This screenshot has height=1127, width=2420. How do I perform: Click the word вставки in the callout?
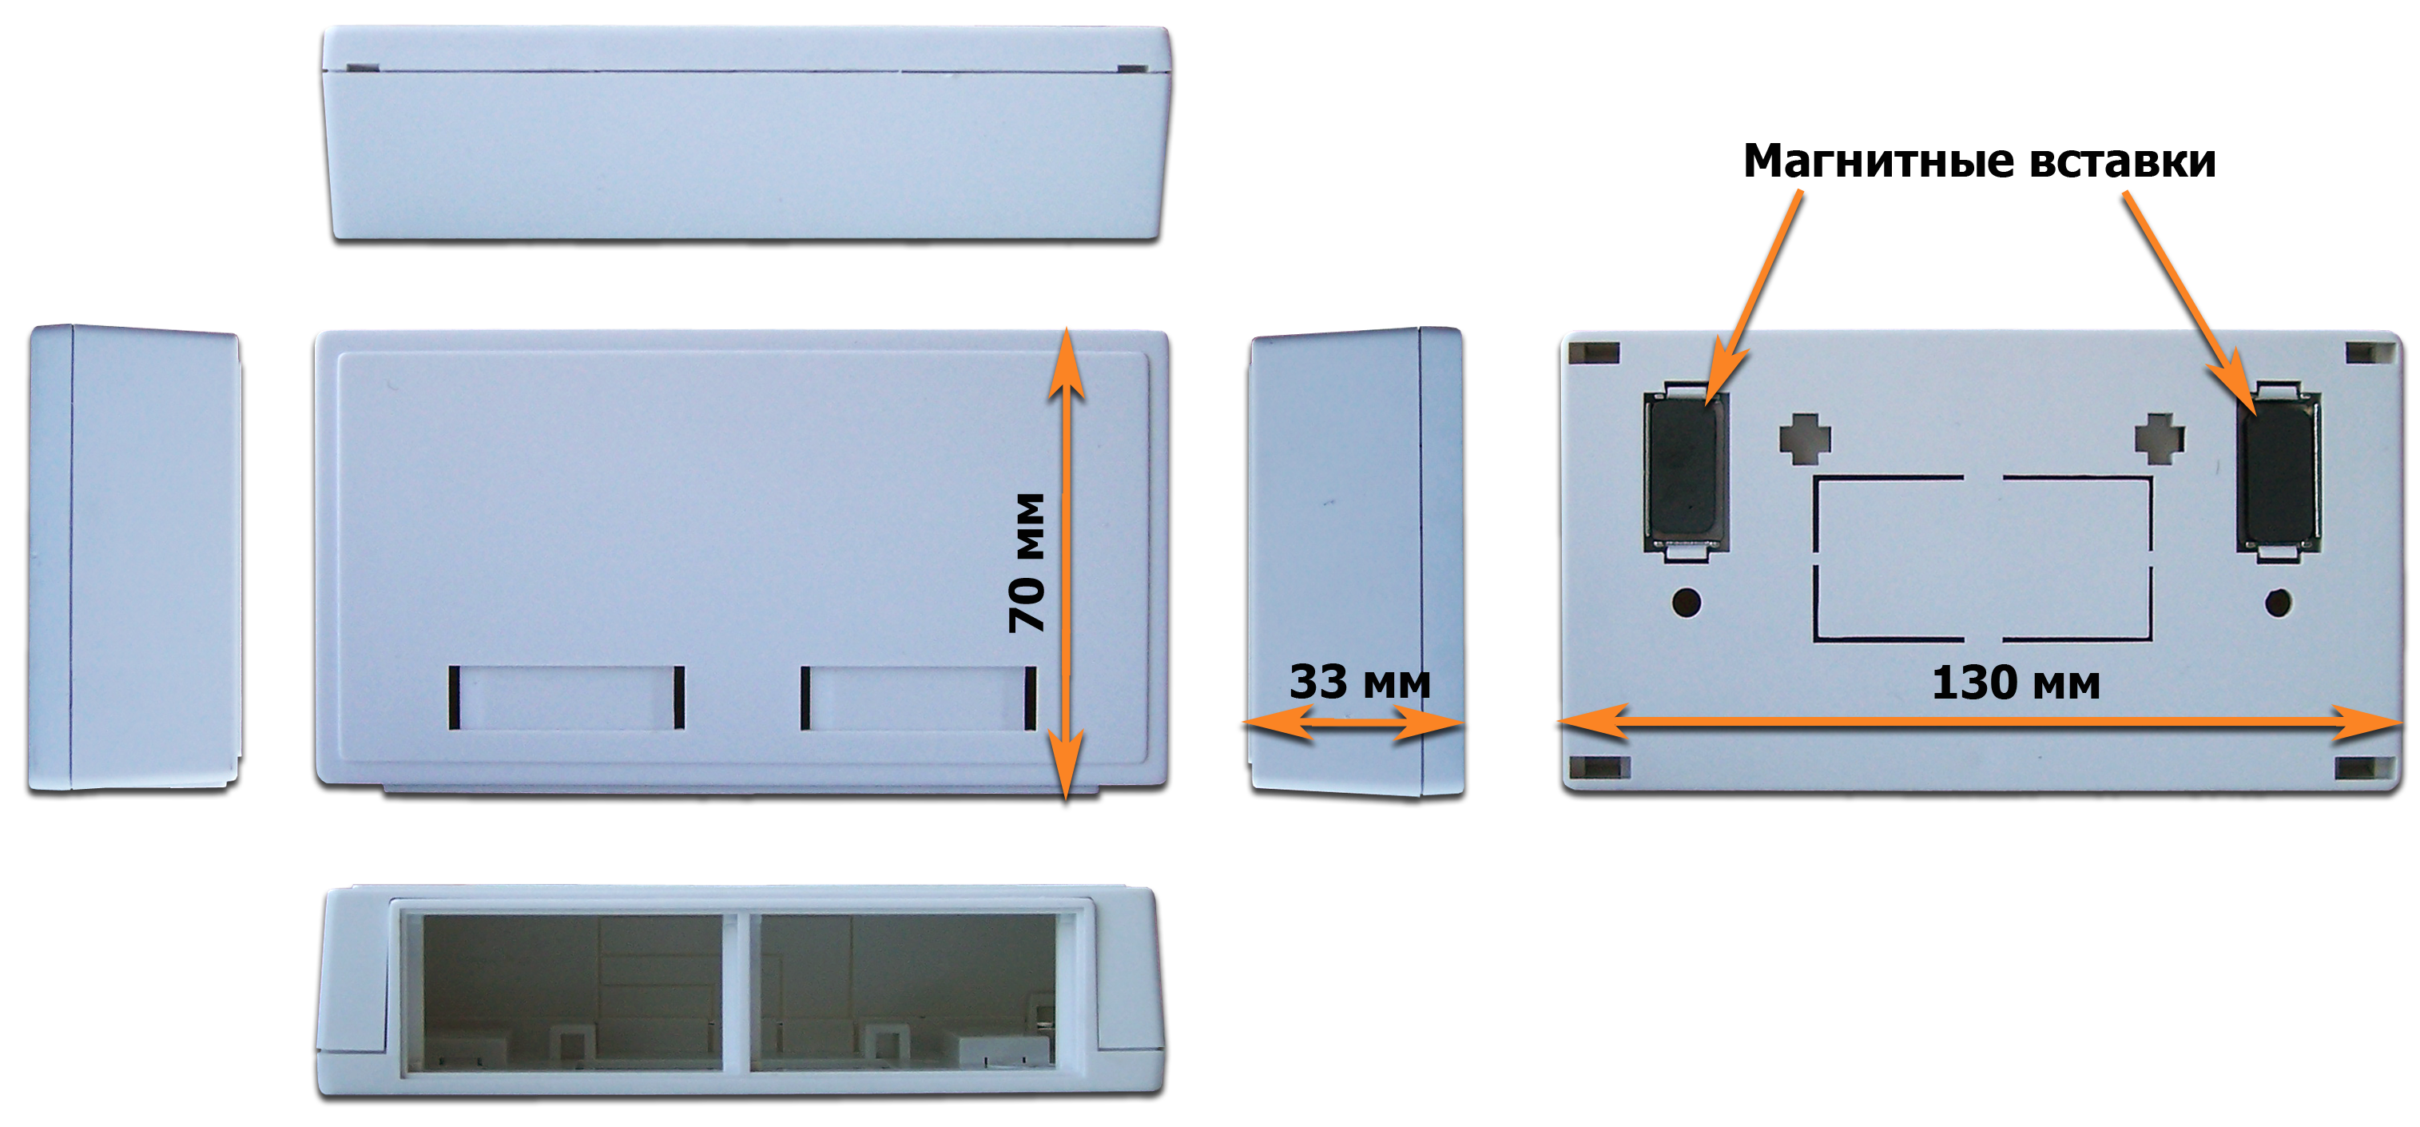pos(2123,161)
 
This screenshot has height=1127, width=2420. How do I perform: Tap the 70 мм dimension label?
pos(1027,562)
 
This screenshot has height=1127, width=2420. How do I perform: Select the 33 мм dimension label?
pos(1359,682)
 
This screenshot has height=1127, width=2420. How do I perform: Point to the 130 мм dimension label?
pos(2016,683)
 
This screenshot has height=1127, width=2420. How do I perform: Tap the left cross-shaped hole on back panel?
pos(1805,439)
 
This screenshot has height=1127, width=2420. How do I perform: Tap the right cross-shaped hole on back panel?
pos(2159,439)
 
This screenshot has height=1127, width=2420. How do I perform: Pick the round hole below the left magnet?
pos(1687,603)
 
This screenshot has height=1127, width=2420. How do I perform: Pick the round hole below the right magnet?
pos(2278,603)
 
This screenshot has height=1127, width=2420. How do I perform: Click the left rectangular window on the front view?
pos(566,698)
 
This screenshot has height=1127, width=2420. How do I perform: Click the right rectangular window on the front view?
pos(918,698)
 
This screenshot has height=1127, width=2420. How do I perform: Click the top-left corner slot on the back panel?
pos(1594,353)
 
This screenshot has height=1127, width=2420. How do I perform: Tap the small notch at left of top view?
pos(362,68)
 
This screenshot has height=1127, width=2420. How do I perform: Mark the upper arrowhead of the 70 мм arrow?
pos(1065,363)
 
